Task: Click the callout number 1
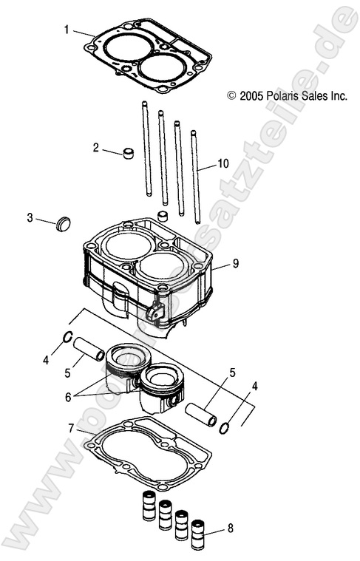[x=67, y=30]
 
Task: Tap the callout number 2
[x=95, y=148]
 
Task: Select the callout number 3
[x=30, y=217]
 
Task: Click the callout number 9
[x=235, y=262]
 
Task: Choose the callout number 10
[x=223, y=163]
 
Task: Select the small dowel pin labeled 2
[x=129, y=154]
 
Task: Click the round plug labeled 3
[x=64, y=222]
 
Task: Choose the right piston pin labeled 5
[x=200, y=415]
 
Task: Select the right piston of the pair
[x=163, y=388]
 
